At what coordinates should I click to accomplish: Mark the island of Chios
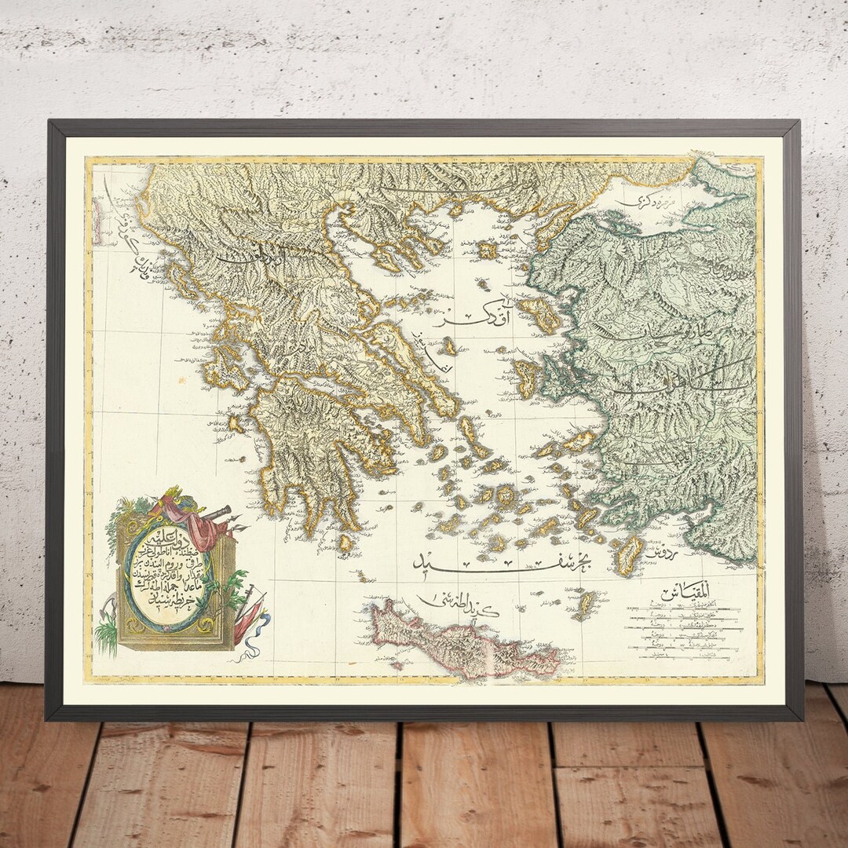tap(525, 377)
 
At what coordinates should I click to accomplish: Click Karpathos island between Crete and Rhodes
tap(584, 605)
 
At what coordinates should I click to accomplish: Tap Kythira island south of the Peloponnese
tap(345, 543)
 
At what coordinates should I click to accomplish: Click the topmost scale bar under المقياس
tap(683, 607)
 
